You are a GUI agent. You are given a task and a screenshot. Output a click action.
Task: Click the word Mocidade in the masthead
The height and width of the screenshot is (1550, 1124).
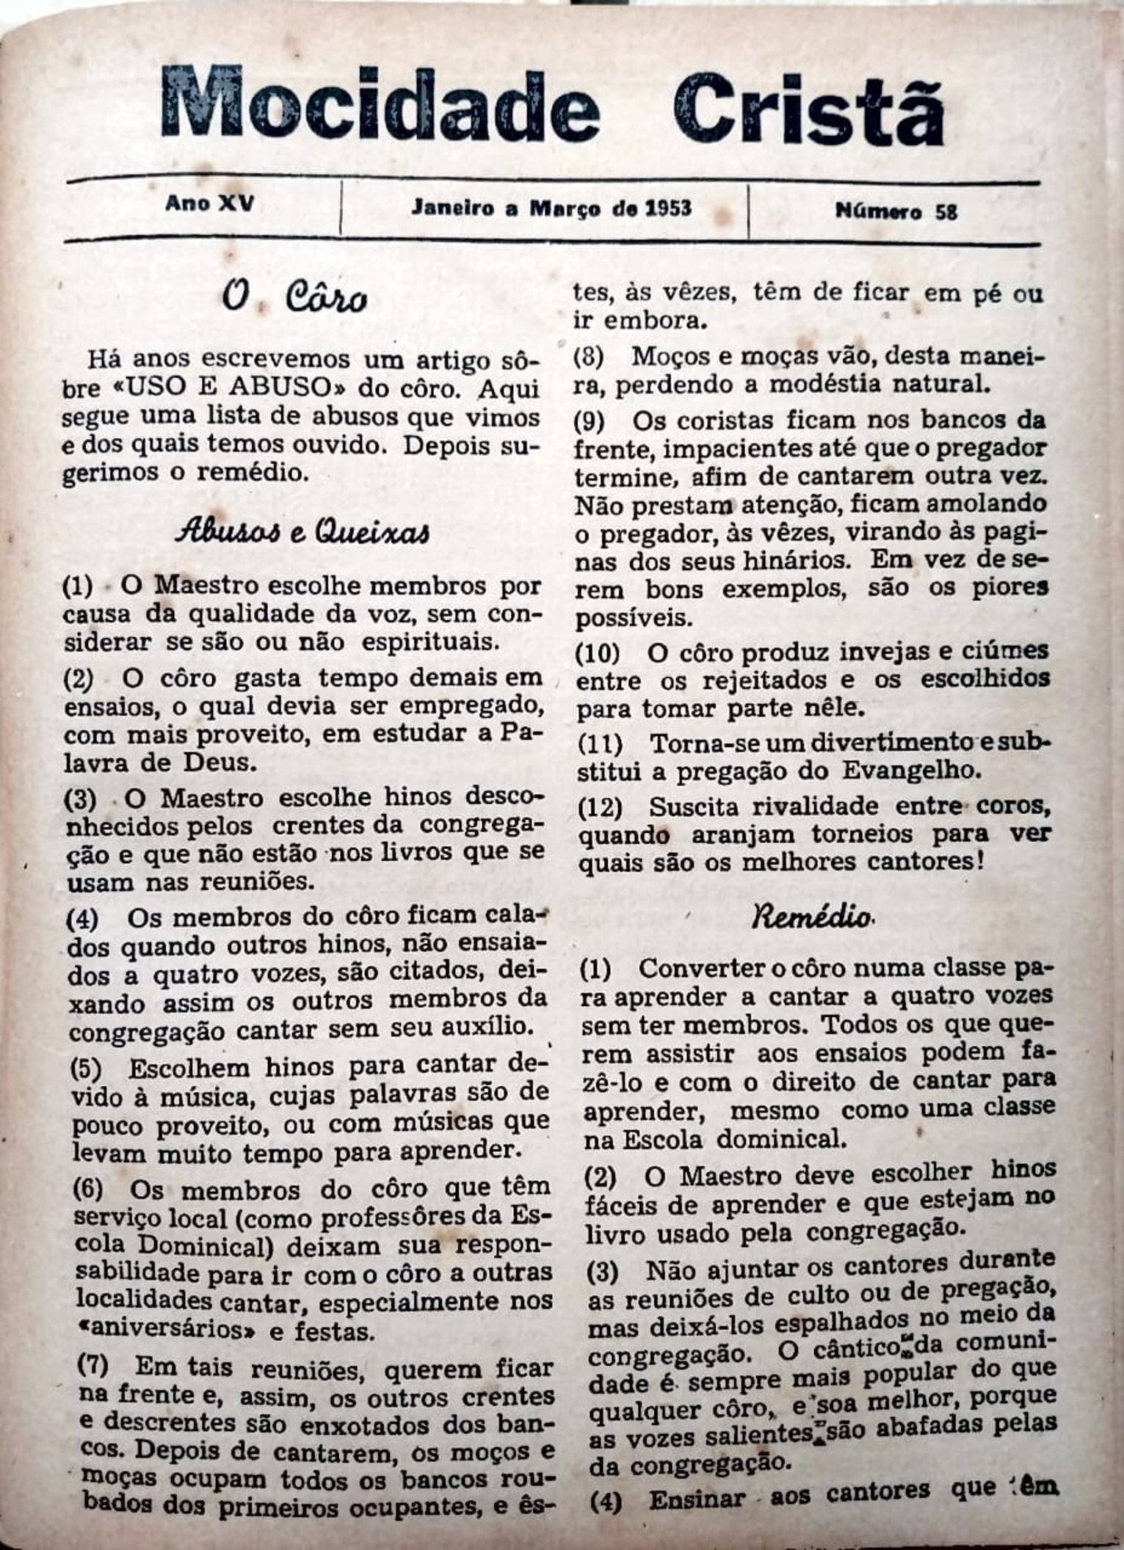[x=380, y=105]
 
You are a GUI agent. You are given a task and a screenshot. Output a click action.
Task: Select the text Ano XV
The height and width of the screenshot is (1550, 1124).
[x=209, y=203]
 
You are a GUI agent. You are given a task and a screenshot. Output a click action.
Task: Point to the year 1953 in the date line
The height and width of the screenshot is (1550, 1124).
[x=667, y=208]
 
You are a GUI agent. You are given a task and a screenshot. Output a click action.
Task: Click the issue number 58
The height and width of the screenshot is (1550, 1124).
[x=946, y=212]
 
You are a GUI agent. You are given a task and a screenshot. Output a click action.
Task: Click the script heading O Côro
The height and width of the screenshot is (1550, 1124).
[x=294, y=297]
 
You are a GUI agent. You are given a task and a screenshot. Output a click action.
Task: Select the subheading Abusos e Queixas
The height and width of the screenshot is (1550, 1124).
[x=302, y=530]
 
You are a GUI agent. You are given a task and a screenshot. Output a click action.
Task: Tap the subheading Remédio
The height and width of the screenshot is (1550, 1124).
[x=811, y=917]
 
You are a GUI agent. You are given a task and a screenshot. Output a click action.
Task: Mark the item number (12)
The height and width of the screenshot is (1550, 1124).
[x=600, y=807]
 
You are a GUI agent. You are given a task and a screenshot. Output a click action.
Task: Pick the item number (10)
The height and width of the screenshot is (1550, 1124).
[x=598, y=652]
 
